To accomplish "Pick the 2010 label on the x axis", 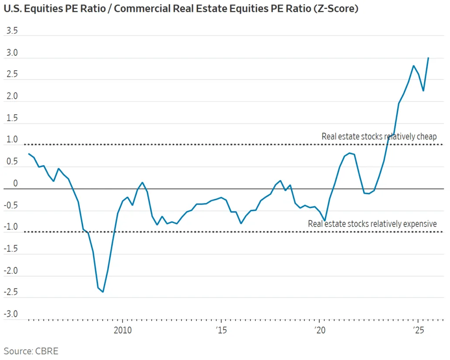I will point(122,330).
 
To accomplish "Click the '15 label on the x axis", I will point(221,330).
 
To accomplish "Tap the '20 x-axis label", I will point(319,330).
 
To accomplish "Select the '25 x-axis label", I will point(418,330).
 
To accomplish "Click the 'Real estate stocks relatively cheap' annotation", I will point(379,137).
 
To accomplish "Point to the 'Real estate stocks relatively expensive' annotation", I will point(372,224).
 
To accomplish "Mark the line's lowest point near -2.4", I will point(103,292).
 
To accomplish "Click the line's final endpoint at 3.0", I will point(428,58).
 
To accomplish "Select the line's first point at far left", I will point(29,154).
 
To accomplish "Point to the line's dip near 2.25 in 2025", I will point(423,91).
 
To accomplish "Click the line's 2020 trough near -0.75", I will point(325,220).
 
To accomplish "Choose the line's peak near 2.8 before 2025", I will point(414,66).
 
